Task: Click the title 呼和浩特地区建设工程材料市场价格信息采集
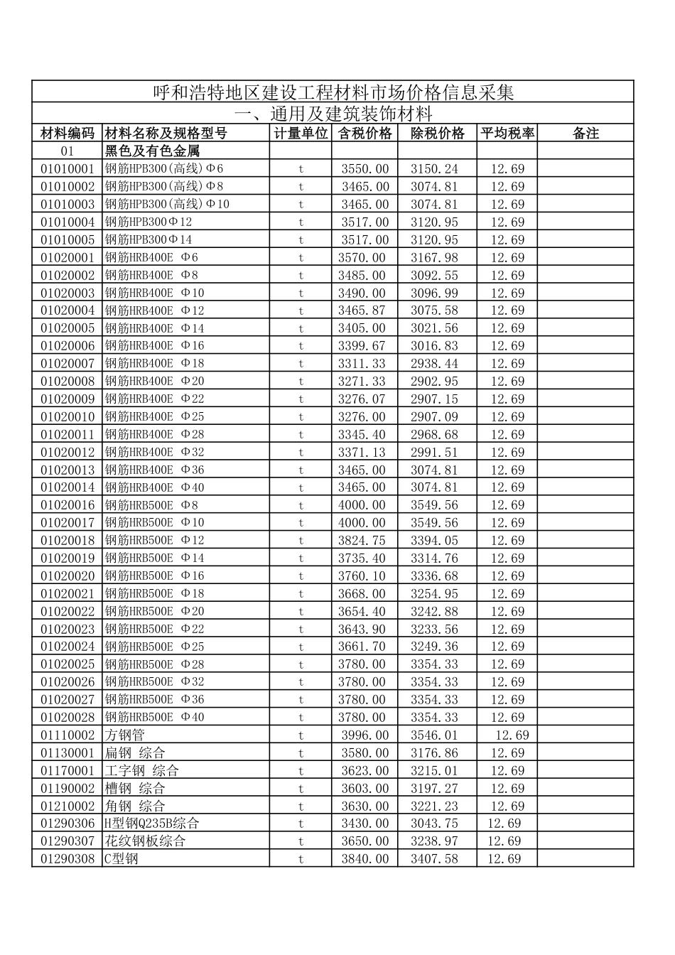click(333, 92)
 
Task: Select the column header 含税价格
click(364, 133)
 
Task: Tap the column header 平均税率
click(507, 133)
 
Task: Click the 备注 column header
click(585, 133)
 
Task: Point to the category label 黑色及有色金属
click(152, 151)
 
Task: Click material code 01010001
click(67, 168)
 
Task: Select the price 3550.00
click(365, 168)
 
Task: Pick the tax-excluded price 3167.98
click(434, 257)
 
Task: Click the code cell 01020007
click(67, 363)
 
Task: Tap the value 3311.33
click(362, 363)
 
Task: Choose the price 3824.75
click(362, 540)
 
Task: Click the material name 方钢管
click(124, 735)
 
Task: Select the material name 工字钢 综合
click(141, 770)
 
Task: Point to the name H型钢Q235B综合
click(152, 823)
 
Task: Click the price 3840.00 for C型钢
click(365, 858)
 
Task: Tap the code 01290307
click(67, 841)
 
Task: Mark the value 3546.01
click(434, 735)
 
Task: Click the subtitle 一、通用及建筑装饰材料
click(333, 114)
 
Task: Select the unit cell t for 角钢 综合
click(301, 806)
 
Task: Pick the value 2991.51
click(434, 452)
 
